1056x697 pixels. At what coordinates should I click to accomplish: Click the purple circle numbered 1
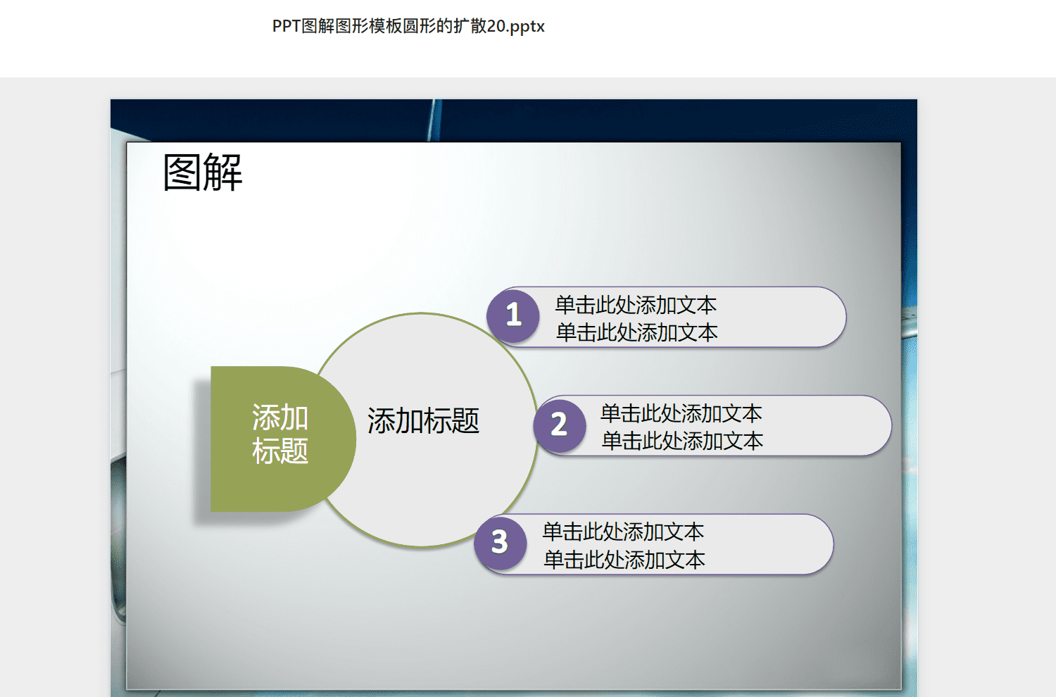click(x=513, y=315)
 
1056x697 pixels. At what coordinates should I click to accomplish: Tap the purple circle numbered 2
click(x=560, y=425)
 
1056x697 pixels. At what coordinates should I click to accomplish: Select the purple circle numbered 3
click(x=500, y=542)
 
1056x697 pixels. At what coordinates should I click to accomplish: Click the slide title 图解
click(x=203, y=172)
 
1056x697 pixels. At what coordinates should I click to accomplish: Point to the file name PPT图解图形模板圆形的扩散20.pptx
click(x=408, y=26)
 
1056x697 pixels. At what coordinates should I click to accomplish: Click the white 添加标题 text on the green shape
click(x=280, y=434)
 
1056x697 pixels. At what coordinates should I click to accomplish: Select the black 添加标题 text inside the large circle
click(x=423, y=420)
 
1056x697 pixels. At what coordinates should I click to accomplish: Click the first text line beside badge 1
click(x=636, y=305)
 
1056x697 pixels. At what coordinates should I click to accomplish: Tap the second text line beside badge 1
click(x=637, y=332)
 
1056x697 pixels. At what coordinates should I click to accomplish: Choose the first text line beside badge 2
click(x=681, y=413)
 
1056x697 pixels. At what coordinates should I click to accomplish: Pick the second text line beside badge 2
click(x=682, y=441)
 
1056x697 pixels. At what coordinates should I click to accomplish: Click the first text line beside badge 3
click(x=623, y=532)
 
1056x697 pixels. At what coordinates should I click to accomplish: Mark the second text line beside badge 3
click(x=624, y=560)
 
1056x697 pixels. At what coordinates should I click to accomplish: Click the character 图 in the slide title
click(x=182, y=172)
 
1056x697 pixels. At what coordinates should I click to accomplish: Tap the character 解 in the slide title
click(x=223, y=172)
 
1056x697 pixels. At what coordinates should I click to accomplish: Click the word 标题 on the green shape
click(x=280, y=451)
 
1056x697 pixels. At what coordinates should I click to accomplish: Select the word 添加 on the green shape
click(x=280, y=417)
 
